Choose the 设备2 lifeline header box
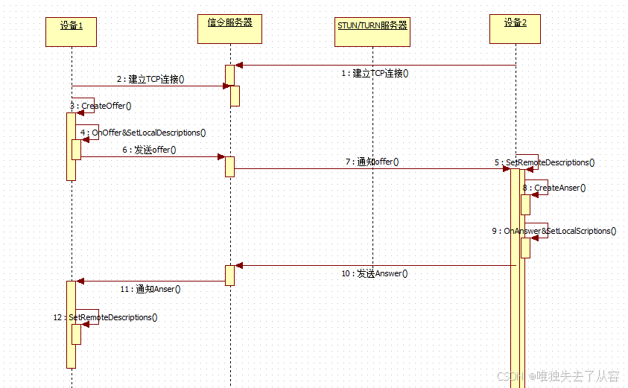(x=516, y=29)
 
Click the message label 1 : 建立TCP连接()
(x=375, y=74)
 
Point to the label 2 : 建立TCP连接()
(x=150, y=79)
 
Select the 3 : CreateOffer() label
(x=101, y=106)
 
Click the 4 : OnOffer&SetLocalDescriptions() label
(x=143, y=133)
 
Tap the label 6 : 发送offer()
(x=149, y=150)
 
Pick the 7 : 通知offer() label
(x=372, y=162)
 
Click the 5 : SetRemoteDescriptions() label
(x=544, y=162)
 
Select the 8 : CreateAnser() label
(x=554, y=188)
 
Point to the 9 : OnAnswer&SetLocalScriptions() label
(x=554, y=231)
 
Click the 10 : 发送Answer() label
(x=374, y=273)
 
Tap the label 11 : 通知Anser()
(x=150, y=289)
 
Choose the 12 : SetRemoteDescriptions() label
(x=105, y=317)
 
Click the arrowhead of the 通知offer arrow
(x=506, y=168)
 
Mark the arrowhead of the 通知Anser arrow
(x=81, y=281)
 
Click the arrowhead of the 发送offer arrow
(x=221, y=156)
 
